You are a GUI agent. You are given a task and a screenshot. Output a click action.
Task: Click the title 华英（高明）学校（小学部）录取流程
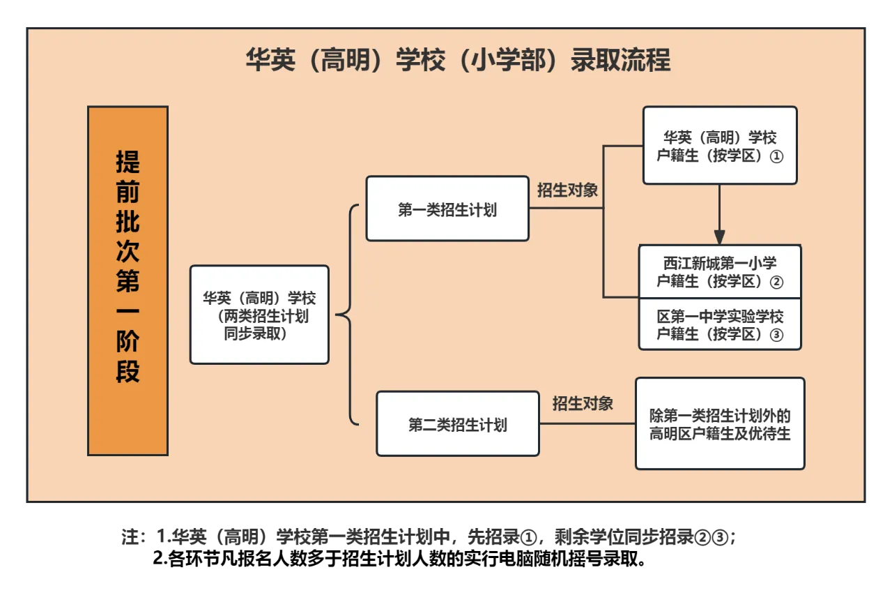458,60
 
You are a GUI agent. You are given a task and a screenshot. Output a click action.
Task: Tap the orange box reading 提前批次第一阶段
128,281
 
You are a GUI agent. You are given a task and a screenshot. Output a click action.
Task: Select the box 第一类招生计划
447,209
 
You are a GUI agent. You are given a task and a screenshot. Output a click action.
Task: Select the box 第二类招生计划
458,423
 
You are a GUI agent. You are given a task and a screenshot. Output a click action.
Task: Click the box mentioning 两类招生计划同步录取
260,315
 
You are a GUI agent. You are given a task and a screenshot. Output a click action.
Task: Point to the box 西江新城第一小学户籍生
720,271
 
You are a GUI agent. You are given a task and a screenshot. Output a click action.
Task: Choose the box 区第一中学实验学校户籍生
720,324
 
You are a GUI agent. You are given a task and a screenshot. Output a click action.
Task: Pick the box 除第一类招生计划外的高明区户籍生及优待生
720,423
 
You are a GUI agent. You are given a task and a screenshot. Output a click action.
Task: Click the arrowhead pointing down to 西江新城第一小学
719,237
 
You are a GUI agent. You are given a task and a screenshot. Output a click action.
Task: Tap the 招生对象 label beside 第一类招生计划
567,190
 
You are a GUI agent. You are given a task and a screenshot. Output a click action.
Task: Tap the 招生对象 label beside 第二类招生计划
583,404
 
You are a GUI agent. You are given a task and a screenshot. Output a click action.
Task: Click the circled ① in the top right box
776,156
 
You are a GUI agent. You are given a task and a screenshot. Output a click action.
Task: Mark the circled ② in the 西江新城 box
776,283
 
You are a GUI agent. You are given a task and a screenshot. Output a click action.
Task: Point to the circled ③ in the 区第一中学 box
776,335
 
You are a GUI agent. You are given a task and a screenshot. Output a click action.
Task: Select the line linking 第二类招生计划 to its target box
587,423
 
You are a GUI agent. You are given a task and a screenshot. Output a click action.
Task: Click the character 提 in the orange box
128,163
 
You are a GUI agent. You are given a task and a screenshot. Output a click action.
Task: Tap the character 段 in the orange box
128,371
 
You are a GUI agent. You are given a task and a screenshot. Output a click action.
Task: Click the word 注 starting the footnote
130,537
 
